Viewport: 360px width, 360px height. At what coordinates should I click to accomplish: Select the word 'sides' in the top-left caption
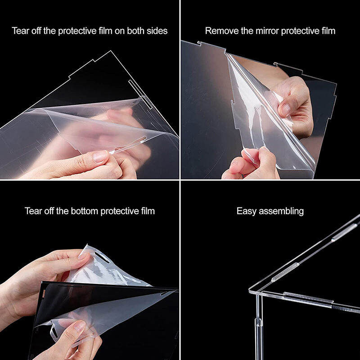coord(157,31)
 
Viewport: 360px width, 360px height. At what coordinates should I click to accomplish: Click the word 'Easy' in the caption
coord(246,211)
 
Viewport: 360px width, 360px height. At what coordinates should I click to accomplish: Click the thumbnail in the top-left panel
coord(100,156)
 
